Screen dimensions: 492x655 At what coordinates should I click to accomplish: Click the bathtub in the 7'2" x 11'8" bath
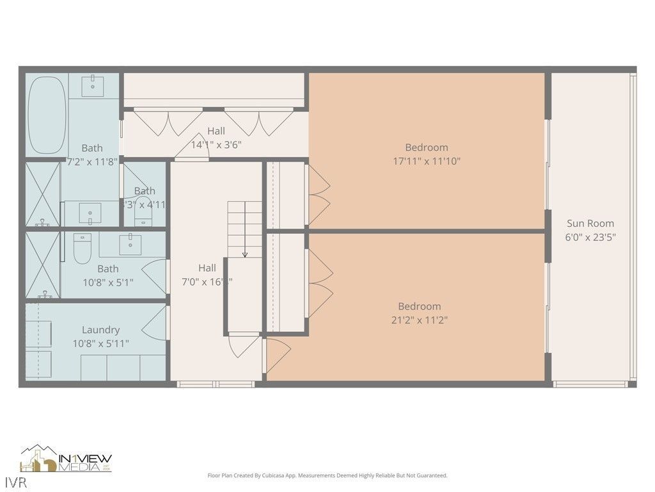48,115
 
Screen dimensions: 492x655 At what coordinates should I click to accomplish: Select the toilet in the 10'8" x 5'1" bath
83,249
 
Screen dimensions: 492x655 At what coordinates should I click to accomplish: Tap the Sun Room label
590,224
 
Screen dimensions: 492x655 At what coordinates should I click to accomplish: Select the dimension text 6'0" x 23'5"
590,237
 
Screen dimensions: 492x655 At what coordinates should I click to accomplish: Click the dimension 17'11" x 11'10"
426,161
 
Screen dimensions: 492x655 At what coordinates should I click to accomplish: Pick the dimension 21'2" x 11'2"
419,320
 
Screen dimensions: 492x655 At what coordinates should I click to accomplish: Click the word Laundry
101,330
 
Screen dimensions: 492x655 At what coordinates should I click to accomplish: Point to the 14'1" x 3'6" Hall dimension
216,145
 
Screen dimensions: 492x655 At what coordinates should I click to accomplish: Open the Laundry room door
154,324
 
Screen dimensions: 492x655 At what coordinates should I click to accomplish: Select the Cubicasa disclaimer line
327,475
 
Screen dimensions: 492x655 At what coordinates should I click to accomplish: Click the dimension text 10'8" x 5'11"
100,344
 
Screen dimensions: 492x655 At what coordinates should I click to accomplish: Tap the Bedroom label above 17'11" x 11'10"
426,147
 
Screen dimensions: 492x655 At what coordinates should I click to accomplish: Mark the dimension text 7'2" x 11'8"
92,162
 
